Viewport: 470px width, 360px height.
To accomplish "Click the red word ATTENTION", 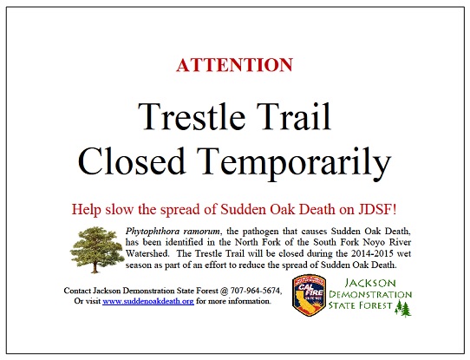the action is point(234,65).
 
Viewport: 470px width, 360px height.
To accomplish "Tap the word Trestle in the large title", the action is point(192,116).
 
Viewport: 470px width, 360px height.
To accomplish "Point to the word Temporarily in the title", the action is point(297,164).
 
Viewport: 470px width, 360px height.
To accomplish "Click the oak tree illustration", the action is point(97,249).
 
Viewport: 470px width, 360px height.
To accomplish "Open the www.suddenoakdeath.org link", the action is point(148,301).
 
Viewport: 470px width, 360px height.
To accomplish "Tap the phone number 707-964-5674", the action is point(256,291).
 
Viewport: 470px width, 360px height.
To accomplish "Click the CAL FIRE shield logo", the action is point(310,296).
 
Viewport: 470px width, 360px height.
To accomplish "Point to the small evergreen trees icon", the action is point(403,309).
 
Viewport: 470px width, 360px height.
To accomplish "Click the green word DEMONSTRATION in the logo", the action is point(370,294).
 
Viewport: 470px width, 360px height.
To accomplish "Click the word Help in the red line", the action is point(87,210).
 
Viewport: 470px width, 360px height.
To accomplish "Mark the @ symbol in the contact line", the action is point(224,291).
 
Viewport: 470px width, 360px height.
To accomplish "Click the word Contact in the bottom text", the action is point(77,291).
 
